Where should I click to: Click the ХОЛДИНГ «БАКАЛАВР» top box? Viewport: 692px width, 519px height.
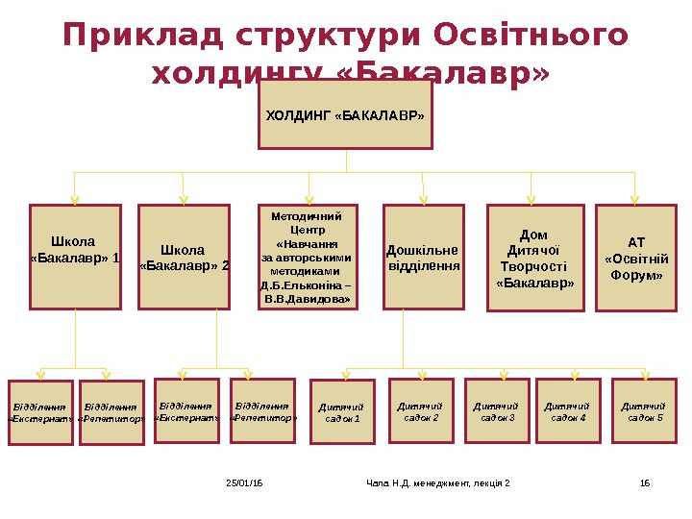345,115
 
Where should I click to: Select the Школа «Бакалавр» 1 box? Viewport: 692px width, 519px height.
76,257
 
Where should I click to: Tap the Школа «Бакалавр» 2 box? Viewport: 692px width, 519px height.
185,257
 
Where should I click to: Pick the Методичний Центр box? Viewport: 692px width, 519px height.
307,258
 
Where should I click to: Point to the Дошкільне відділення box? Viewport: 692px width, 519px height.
423,258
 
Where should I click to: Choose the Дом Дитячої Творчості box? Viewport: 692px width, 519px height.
535,258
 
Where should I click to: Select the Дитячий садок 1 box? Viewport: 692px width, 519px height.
343,411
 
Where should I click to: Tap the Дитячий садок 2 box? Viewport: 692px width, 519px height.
421,410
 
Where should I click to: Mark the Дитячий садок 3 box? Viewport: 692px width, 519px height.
497,410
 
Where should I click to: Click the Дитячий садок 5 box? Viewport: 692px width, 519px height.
644,410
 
